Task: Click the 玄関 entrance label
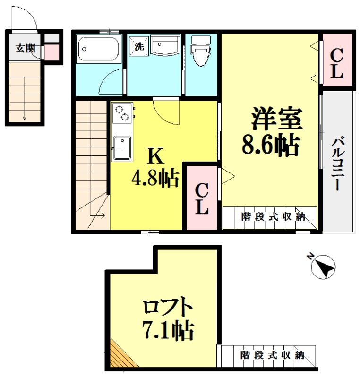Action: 24,48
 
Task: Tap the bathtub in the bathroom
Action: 98,48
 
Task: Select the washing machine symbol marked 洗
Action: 139,46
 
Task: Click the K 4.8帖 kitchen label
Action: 155,168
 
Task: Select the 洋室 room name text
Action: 276,119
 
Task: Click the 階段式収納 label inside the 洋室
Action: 273,217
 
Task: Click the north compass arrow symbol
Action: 323,266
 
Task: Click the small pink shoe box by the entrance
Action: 52,52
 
